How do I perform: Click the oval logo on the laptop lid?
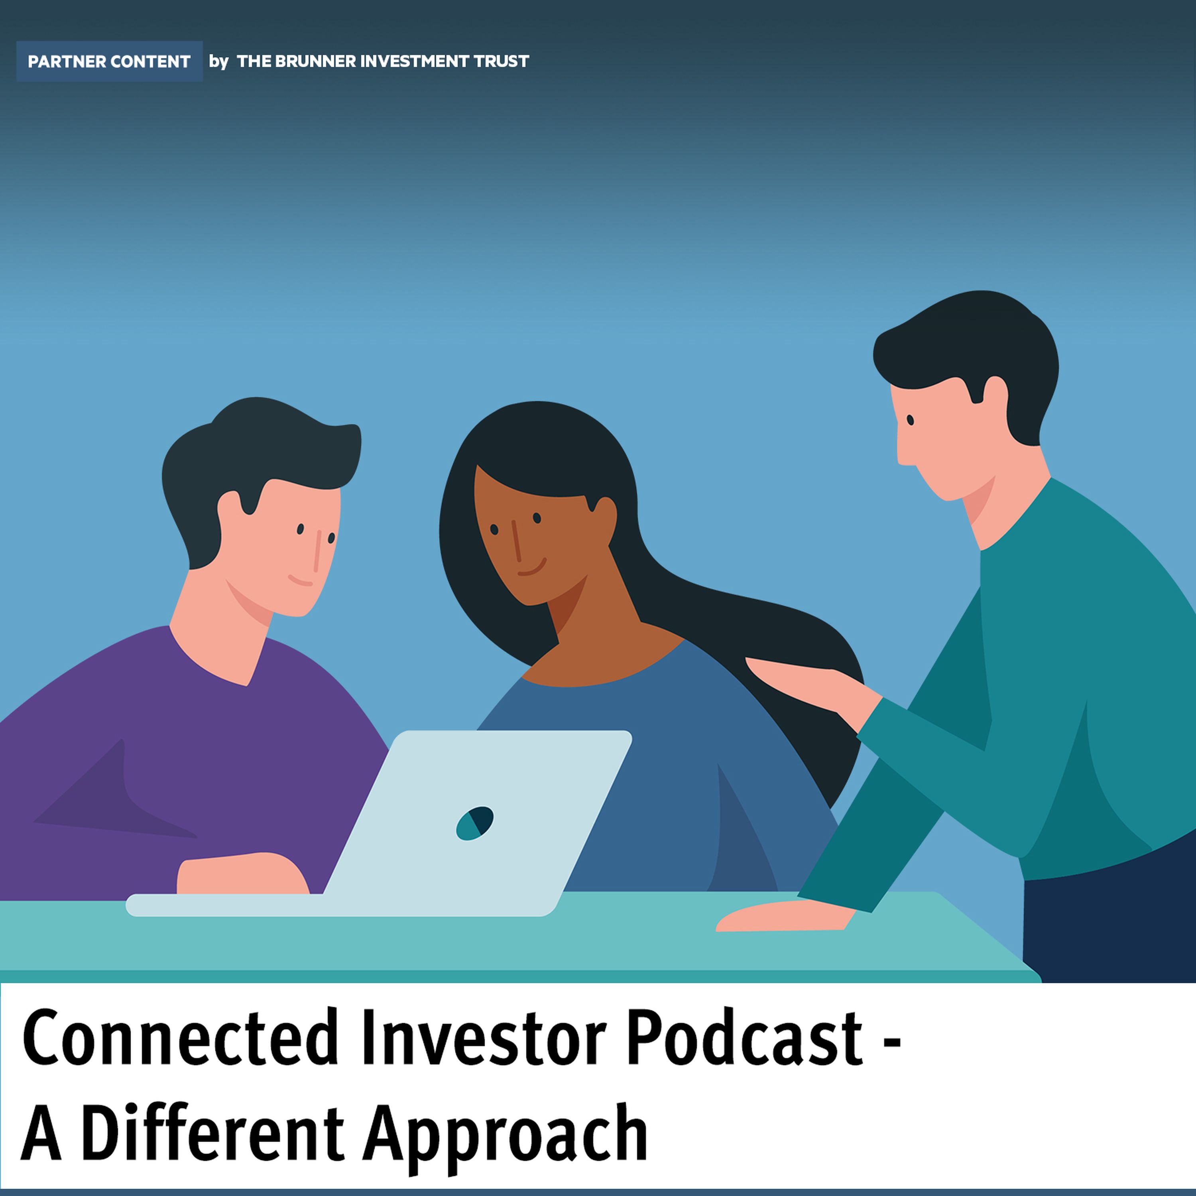(x=475, y=823)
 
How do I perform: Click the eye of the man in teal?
(x=911, y=420)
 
